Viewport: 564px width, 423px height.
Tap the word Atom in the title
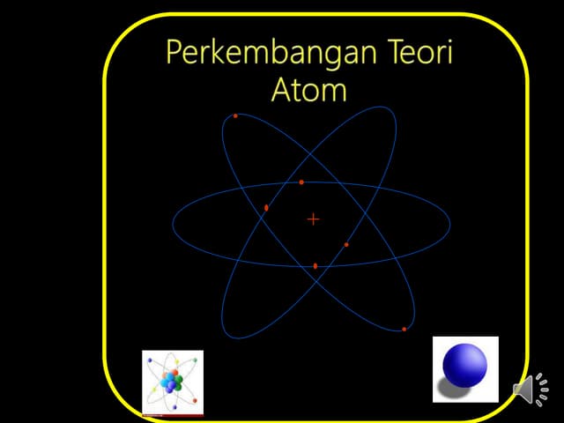[x=308, y=90]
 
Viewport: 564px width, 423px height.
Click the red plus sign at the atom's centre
[x=313, y=219]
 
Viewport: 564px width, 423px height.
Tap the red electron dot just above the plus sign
[x=301, y=182]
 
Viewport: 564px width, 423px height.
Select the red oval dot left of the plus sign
[x=266, y=207]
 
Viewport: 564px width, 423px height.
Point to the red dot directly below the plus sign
[x=315, y=265]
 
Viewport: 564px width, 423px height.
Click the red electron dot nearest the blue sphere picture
[x=404, y=329]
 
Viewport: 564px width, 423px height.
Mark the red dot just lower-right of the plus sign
[x=346, y=244]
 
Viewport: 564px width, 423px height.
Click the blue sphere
[x=464, y=365]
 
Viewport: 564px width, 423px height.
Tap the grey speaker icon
[x=523, y=389]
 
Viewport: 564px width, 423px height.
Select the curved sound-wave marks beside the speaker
[x=542, y=389]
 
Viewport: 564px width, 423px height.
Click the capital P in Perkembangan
[x=174, y=54]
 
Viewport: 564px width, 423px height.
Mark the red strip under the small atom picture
[x=173, y=414]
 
